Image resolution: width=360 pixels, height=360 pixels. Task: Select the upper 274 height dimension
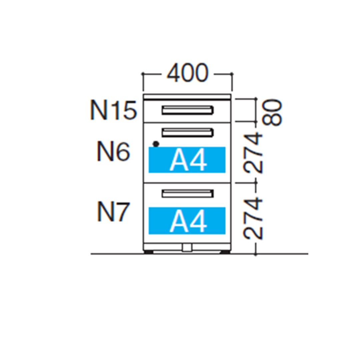click(x=253, y=152)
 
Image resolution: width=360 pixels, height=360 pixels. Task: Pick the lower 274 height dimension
click(x=253, y=218)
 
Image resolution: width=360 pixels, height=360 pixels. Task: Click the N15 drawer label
click(x=113, y=111)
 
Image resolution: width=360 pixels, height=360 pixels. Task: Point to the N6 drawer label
click(x=113, y=152)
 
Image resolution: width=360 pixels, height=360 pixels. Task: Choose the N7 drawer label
click(x=113, y=212)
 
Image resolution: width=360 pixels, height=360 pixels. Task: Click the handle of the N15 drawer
click(x=187, y=110)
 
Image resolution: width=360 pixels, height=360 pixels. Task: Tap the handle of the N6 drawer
click(x=187, y=132)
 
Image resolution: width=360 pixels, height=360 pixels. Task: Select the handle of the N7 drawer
click(x=187, y=194)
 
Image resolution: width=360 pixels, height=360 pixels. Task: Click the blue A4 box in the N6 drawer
click(x=187, y=160)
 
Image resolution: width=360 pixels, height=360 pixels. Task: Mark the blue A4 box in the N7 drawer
click(x=187, y=220)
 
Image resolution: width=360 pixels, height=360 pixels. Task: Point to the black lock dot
click(x=156, y=144)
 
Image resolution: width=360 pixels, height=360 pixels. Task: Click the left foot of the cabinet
click(x=149, y=252)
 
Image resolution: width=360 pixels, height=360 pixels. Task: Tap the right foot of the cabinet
click(x=225, y=252)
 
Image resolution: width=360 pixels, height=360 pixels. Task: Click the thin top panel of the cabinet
click(x=187, y=97)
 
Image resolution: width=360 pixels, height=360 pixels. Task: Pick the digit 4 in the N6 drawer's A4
click(x=198, y=161)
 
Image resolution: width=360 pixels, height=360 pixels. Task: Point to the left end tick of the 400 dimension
click(x=143, y=73)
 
